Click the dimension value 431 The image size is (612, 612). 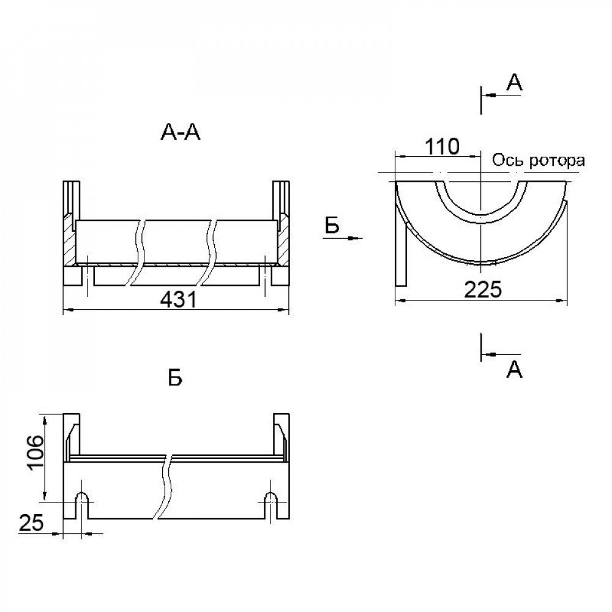click(x=178, y=300)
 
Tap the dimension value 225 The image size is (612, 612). click(x=483, y=290)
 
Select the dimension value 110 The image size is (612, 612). click(x=442, y=147)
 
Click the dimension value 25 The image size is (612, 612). click(x=31, y=523)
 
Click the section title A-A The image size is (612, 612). click(x=181, y=133)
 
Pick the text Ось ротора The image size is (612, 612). click(x=538, y=160)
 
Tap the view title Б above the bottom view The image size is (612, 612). click(x=175, y=378)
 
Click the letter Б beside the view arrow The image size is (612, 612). click(x=332, y=226)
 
